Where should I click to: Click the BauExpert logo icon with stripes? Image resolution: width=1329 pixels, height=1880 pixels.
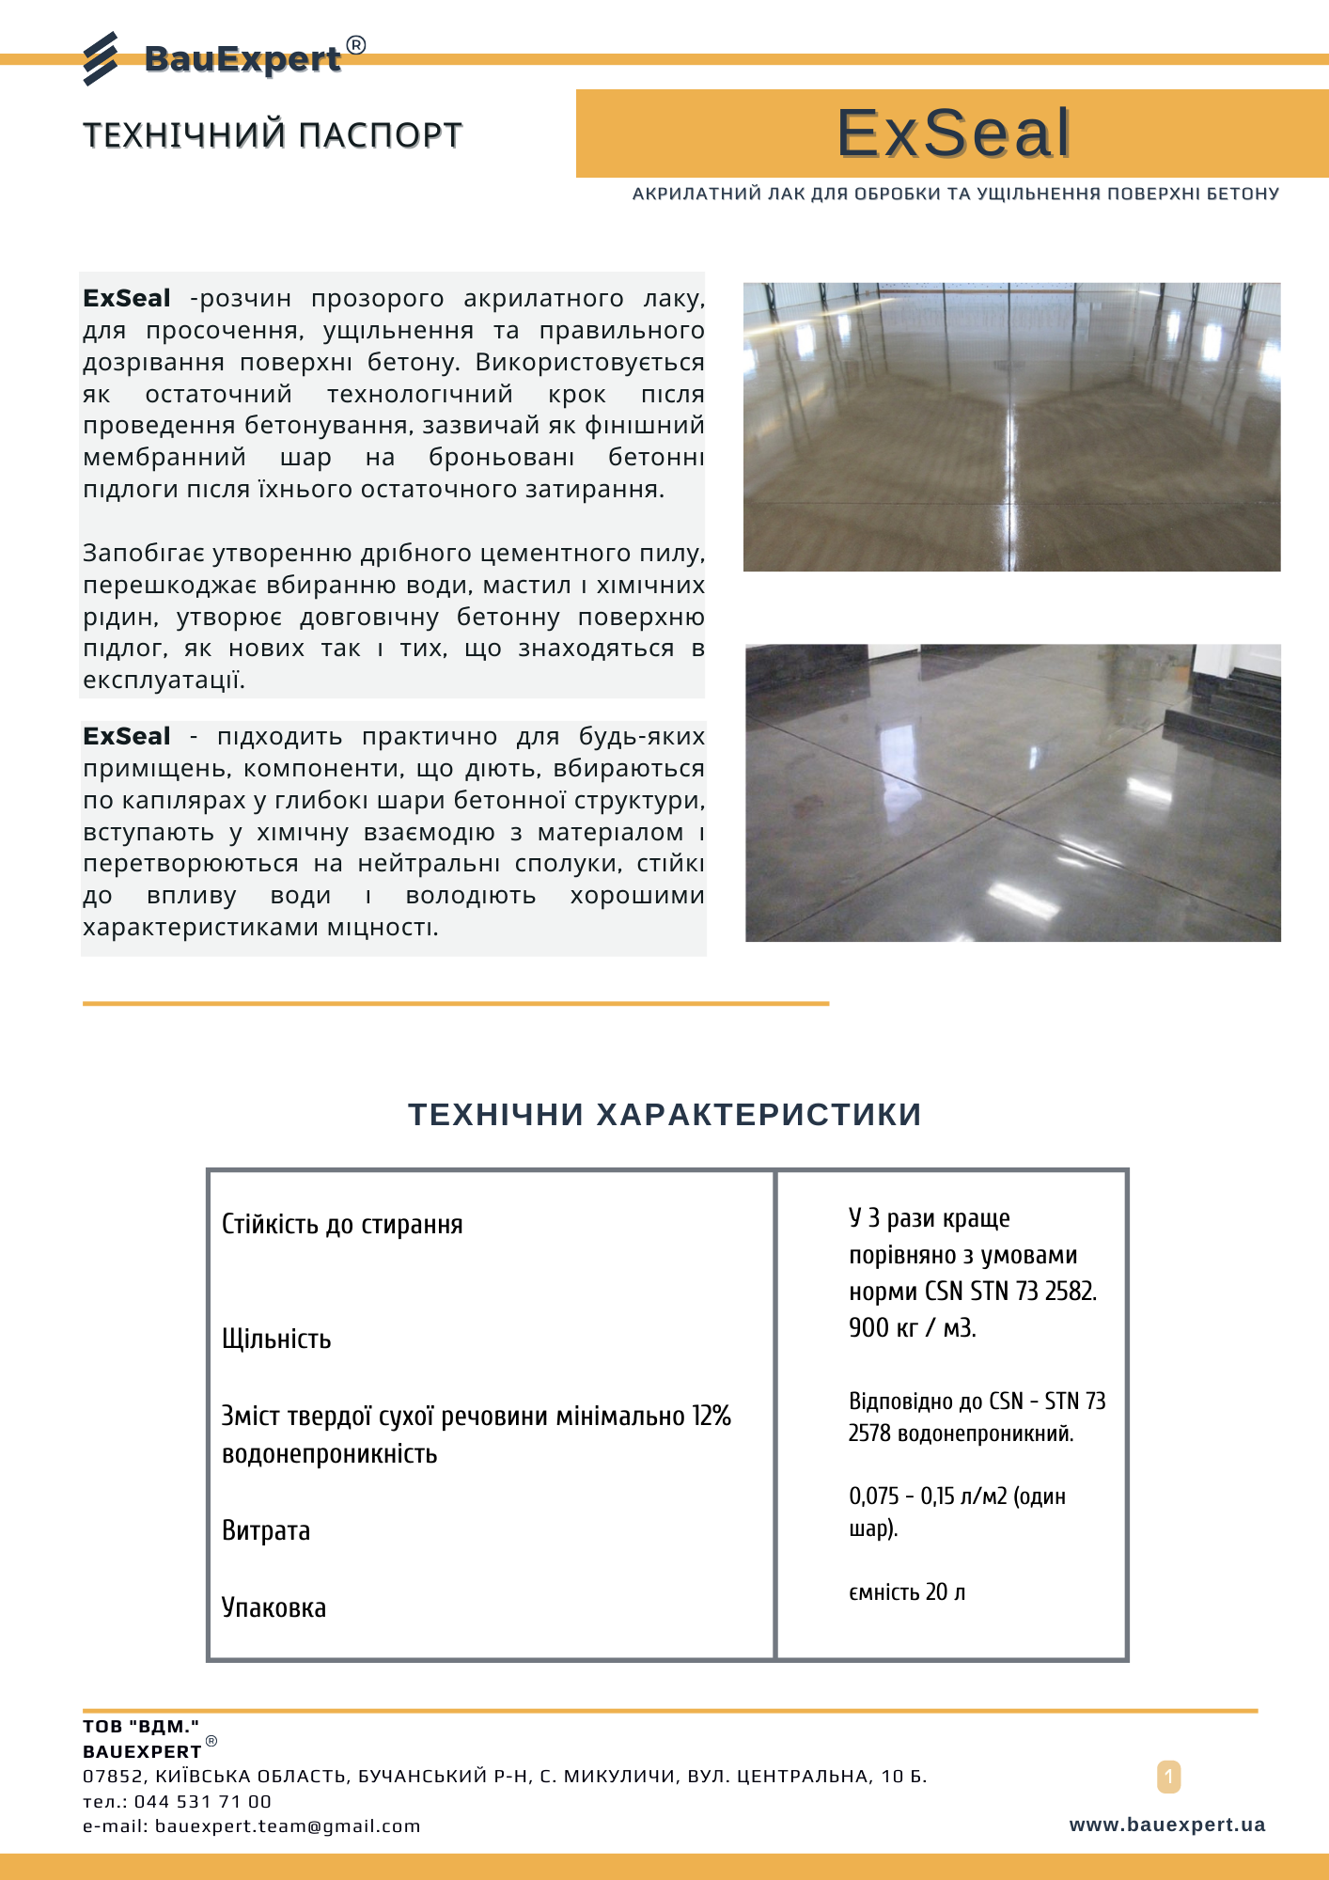(101, 58)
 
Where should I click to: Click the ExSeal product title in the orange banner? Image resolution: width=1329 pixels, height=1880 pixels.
(953, 133)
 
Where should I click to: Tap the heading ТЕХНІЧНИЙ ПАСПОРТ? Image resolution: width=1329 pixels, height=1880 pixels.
(273, 135)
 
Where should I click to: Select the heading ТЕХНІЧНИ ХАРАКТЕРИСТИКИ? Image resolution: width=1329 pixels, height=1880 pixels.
(664, 1115)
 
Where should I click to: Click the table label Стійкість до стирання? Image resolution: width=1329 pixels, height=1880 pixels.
(342, 1224)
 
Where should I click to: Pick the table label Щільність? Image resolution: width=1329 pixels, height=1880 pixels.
(276, 1339)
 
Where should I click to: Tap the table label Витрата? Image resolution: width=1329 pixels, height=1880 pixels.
(266, 1530)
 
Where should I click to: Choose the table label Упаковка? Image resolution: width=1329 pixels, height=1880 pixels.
(274, 1607)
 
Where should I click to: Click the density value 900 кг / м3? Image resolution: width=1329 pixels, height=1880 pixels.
(912, 1327)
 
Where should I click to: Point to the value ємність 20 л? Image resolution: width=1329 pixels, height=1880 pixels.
(907, 1591)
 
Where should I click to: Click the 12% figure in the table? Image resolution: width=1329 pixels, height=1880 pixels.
(711, 1416)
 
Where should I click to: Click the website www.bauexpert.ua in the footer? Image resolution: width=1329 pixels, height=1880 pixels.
(1166, 1825)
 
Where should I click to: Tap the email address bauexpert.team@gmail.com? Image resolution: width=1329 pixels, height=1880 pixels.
(288, 1825)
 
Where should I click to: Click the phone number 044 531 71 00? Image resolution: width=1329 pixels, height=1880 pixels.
(202, 1801)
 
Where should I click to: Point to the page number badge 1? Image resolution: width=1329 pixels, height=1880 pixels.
(1168, 1777)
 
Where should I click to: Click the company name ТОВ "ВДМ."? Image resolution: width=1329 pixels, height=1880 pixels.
(141, 1726)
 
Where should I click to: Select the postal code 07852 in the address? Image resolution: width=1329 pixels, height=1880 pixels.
(113, 1776)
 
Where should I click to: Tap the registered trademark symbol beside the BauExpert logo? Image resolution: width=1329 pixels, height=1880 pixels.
(355, 45)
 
